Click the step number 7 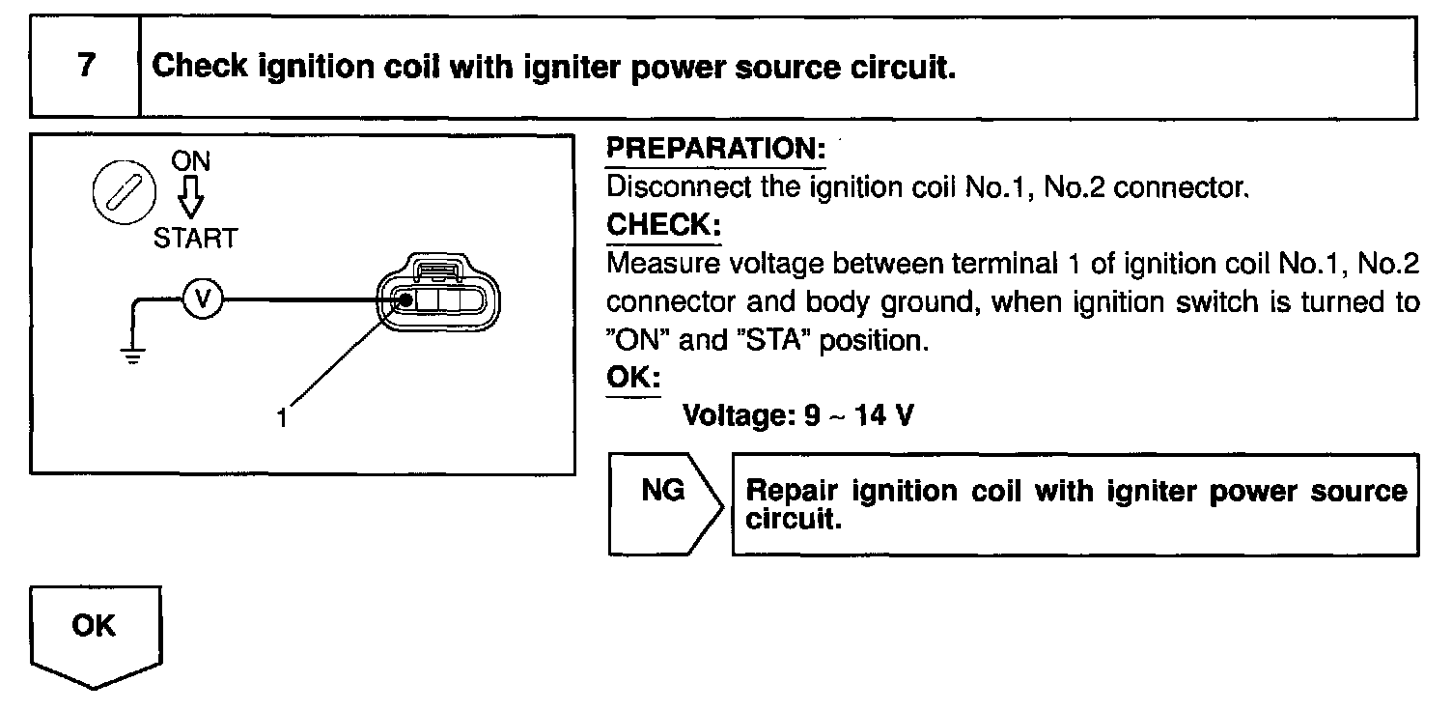pos(86,67)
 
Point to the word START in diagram pos(194,239)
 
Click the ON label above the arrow pos(191,160)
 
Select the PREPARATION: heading pos(715,150)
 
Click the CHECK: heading pos(663,225)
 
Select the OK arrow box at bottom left pos(95,634)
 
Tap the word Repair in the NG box pos(787,491)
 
